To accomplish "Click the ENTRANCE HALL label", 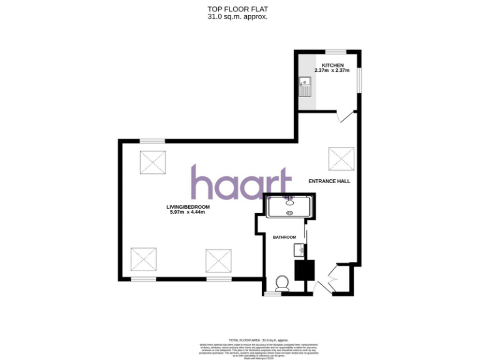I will pyautogui.click(x=329, y=181).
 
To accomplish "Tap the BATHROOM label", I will pyautogui.click(x=284, y=237).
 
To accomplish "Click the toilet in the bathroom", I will pyautogui.click(x=281, y=284).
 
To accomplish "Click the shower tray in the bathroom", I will pyautogui.click(x=289, y=206).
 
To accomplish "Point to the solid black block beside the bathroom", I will pyautogui.click(x=305, y=270).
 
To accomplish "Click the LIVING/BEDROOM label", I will pyautogui.click(x=187, y=207).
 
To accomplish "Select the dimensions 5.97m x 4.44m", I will pyautogui.click(x=187, y=212).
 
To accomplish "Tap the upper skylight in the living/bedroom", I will pyautogui.click(x=152, y=163).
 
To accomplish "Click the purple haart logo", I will pyautogui.click(x=241, y=183).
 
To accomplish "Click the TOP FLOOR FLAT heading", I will pyautogui.click(x=237, y=9).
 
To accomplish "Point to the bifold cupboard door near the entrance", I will pyautogui.click(x=332, y=278).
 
